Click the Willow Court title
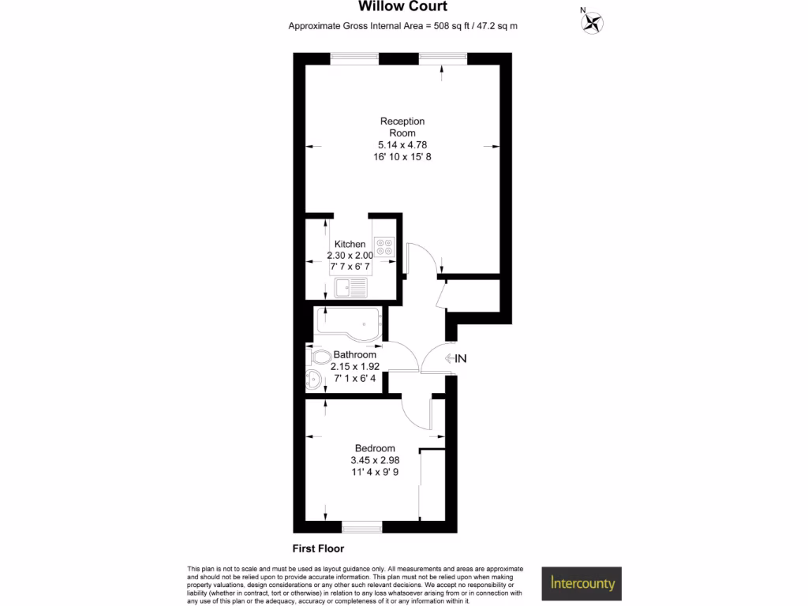click(402, 7)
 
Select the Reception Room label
click(402, 127)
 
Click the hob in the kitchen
click(384, 246)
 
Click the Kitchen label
click(350, 245)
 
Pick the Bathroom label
click(354, 355)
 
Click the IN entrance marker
click(457, 359)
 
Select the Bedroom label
click(375, 448)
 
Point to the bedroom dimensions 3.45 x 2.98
click(375, 461)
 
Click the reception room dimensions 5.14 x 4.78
click(402, 145)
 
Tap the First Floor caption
click(318, 548)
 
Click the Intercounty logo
click(581, 585)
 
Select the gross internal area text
click(402, 26)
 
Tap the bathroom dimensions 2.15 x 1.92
click(355, 367)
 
